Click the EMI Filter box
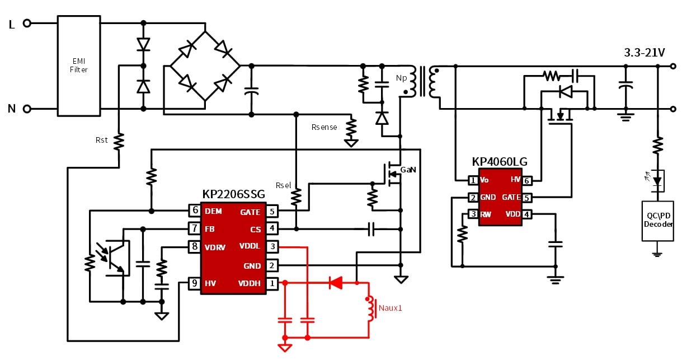click(x=79, y=66)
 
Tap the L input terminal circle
click(x=26, y=24)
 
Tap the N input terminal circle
click(x=26, y=109)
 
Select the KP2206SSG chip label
click(x=233, y=194)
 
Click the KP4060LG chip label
click(x=500, y=162)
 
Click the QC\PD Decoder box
click(x=657, y=220)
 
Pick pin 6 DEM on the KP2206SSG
click(x=195, y=211)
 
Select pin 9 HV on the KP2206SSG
click(x=195, y=283)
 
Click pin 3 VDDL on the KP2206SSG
click(x=271, y=246)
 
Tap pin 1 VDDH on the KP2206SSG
click(x=271, y=283)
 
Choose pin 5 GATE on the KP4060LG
click(x=527, y=197)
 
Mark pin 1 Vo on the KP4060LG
click(x=473, y=180)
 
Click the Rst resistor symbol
click(x=119, y=142)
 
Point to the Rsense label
click(x=324, y=127)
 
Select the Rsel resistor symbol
click(x=297, y=196)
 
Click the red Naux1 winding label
click(x=391, y=307)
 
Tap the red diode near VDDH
click(x=336, y=283)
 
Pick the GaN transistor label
click(x=408, y=169)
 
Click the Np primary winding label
click(x=401, y=78)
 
